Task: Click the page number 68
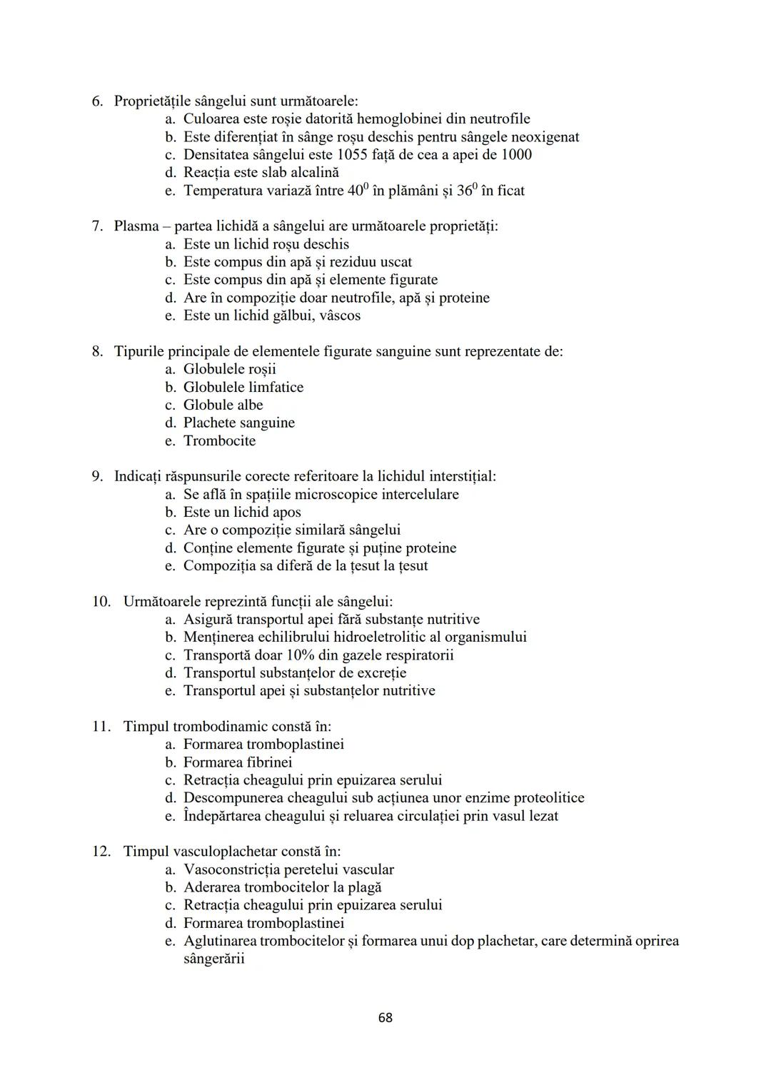click(x=385, y=1017)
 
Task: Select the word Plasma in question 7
click(x=136, y=226)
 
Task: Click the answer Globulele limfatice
click(x=243, y=387)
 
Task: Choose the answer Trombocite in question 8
click(x=219, y=440)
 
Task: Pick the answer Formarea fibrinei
click(x=238, y=762)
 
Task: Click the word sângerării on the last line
click(x=213, y=959)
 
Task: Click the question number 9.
click(x=98, y=476)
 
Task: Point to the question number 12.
click(x=101, y=852)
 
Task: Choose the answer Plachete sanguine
click(x=239, y=423)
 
